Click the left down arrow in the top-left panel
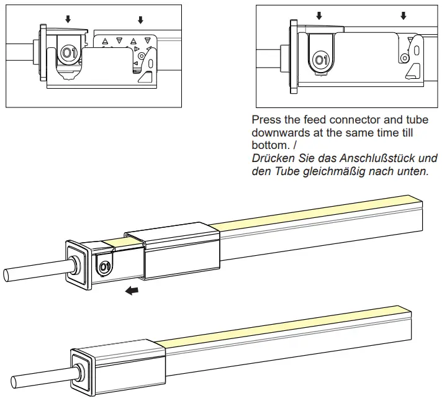click(68, 20)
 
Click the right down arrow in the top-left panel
click(140, 20)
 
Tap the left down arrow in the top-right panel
click(319, 16)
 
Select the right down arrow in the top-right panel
click(404, 16)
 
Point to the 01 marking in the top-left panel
click(68, 55)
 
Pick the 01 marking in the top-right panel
click(320, 60)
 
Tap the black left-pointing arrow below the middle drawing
click(131, 290)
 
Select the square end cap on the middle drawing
click(78, 264)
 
